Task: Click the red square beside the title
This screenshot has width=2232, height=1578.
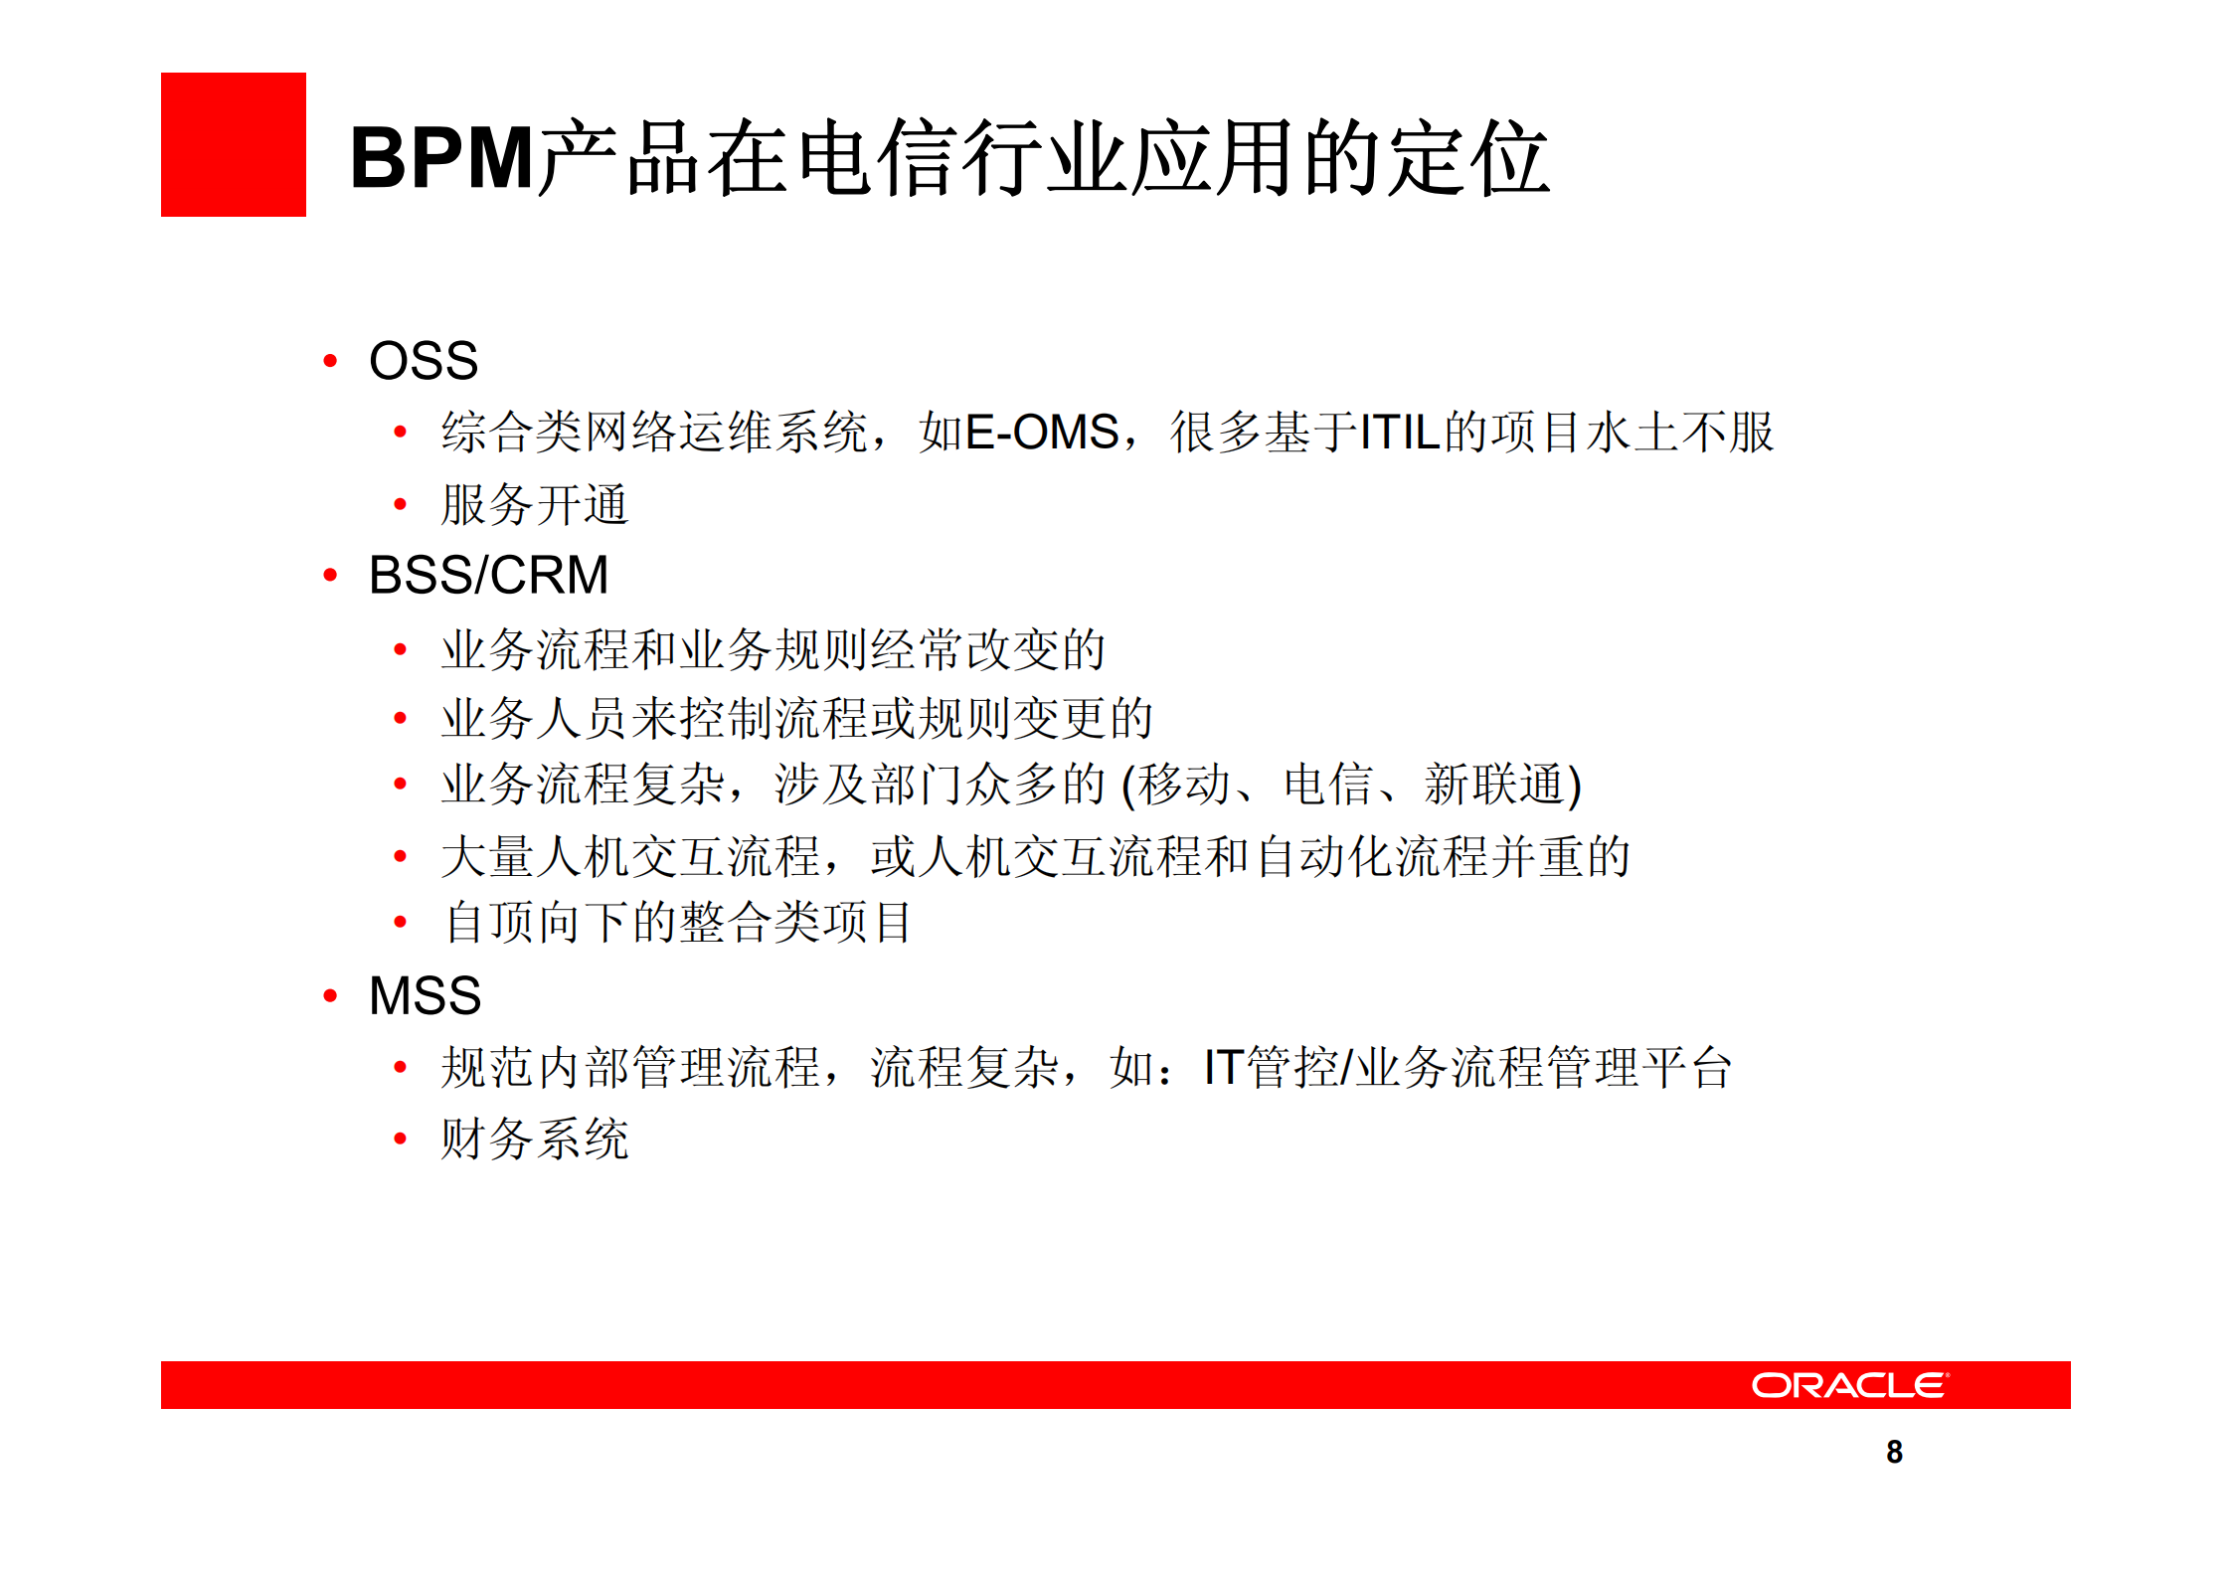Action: coord(233,144)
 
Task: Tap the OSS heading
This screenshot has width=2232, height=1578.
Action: coord(424,360)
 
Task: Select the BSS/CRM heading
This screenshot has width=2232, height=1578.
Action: coord(488,575)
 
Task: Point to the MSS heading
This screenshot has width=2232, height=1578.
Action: coord(425,995)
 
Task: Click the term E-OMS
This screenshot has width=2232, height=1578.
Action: coord(1042,433)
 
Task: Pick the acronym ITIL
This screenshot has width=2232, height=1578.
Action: coord(1400,433)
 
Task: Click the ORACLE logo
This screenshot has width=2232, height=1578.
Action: coord(1849,1385)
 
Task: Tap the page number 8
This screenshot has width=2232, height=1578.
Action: coord(1894,1452)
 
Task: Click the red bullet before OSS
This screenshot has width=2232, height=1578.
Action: coord(330,361)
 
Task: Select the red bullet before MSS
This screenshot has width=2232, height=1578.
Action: coord(330,996)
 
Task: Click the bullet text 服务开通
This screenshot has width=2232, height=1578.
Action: coord(535,504)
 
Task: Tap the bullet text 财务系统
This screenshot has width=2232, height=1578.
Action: coord(535,1139)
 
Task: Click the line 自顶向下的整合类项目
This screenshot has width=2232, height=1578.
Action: coord(677,922)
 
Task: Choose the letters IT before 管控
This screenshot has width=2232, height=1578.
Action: coord(1222,1067)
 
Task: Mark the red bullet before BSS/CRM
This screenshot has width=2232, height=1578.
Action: coord(330,575)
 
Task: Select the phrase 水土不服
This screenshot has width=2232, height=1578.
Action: coord(1680,433)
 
